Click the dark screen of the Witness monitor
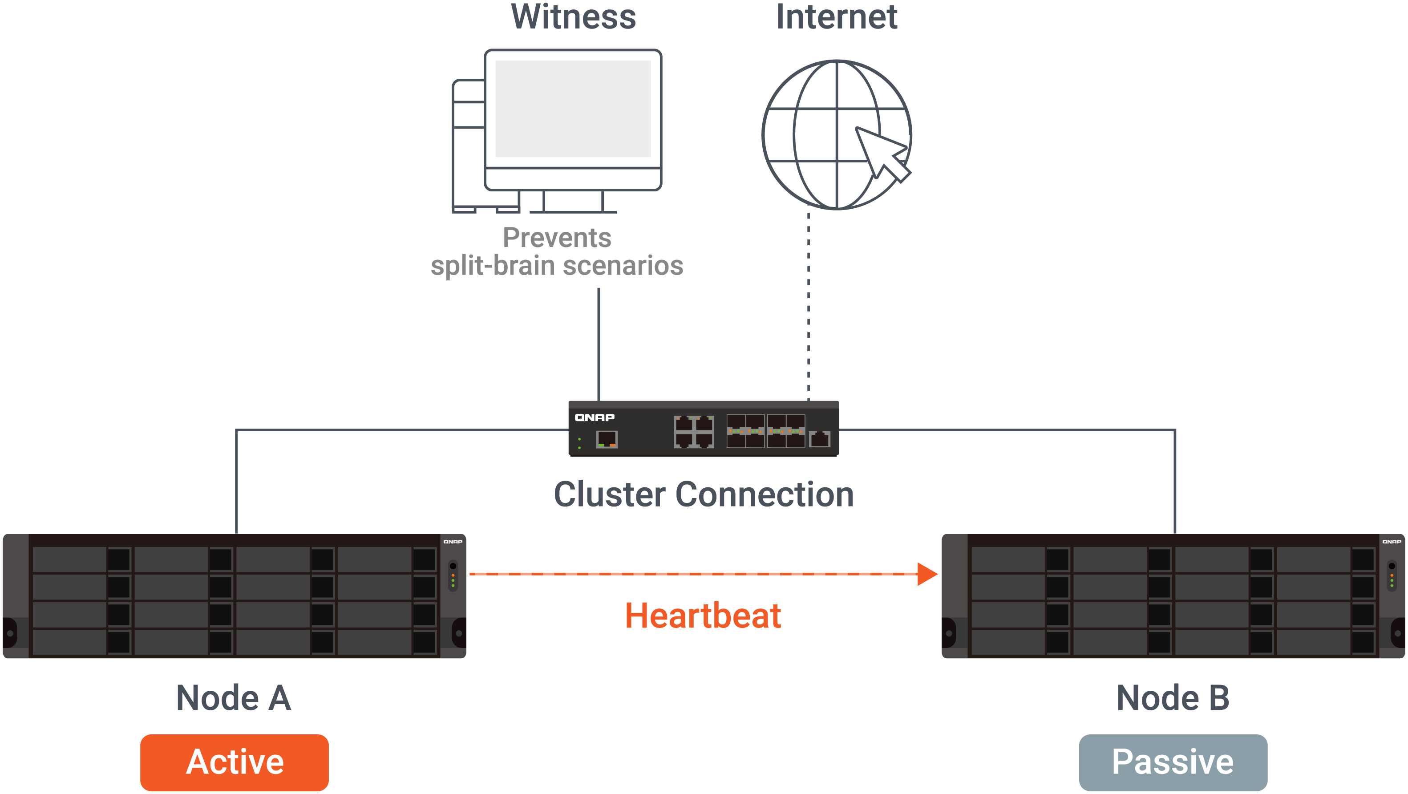(573, 109)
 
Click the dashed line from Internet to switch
(809, 306)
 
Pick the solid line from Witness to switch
(599, 344)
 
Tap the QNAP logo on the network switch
(594, 417)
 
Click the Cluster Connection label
(704, 494)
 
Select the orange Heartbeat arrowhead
(927, 574)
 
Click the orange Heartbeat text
(703, 616)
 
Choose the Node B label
(1173, 698)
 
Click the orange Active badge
(234, 762)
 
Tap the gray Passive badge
(1173, 762)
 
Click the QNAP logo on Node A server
(453, 541)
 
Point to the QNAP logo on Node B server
(1392, 541)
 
